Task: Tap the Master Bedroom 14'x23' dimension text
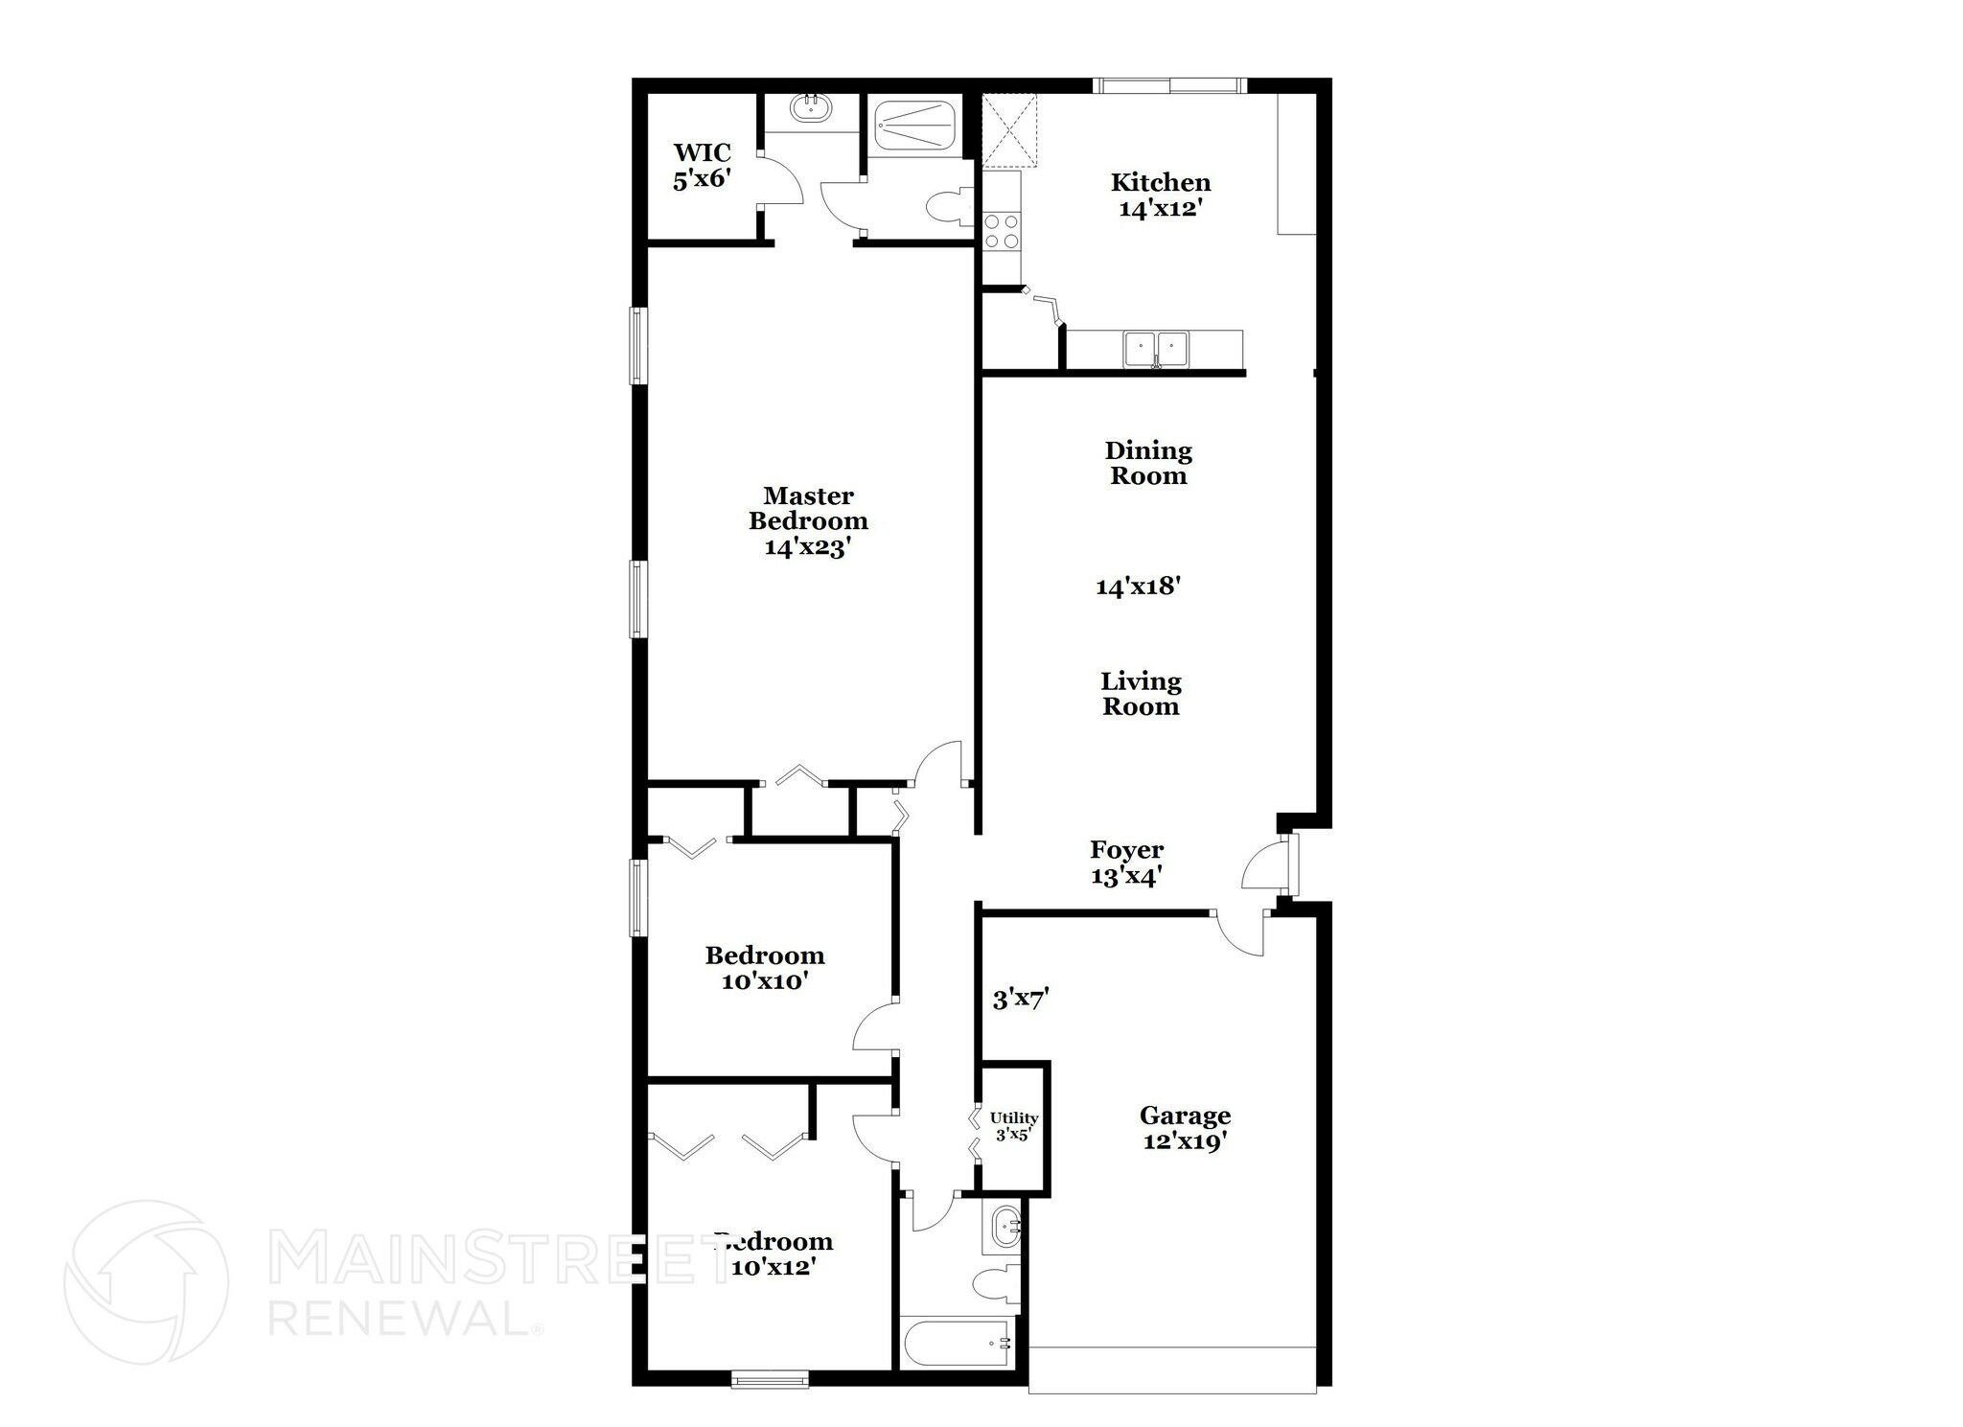tap(808, 548)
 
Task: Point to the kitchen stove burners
tap(1002, 231)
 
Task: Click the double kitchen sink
tap(1156, 349)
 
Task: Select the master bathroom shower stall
tap(915, 128)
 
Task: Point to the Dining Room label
tap(1148, 463)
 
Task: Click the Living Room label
tap(1141, 694)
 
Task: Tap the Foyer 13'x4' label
tap(1126, 863)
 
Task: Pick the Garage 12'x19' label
tap(1185, 1128)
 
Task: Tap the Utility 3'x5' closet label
tap(1014, 1126)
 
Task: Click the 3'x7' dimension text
tap(1021, 1000)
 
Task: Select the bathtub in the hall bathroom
tap(958, 1343)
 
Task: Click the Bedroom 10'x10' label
tap(765, 968)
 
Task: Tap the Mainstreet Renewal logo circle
tap(147, 1281)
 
